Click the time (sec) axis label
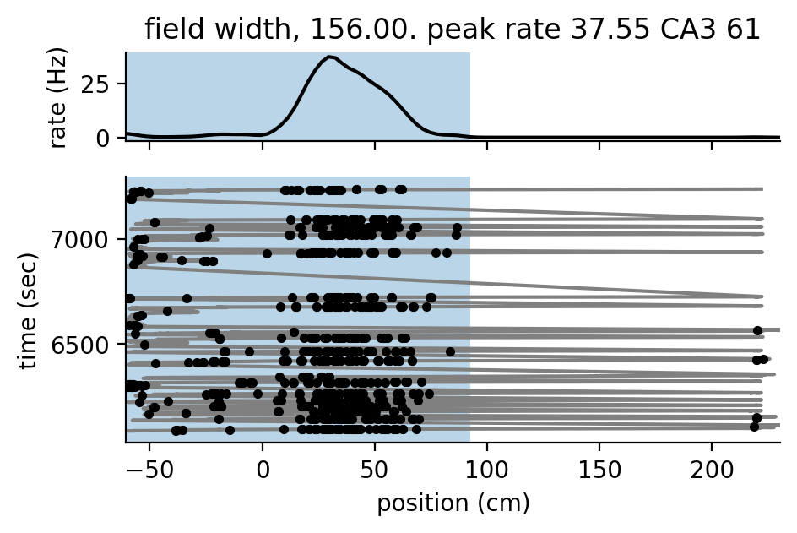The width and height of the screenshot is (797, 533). coord(29,309)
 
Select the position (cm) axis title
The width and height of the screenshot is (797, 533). coord(453,503)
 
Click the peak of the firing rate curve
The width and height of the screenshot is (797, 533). coord(330,57)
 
